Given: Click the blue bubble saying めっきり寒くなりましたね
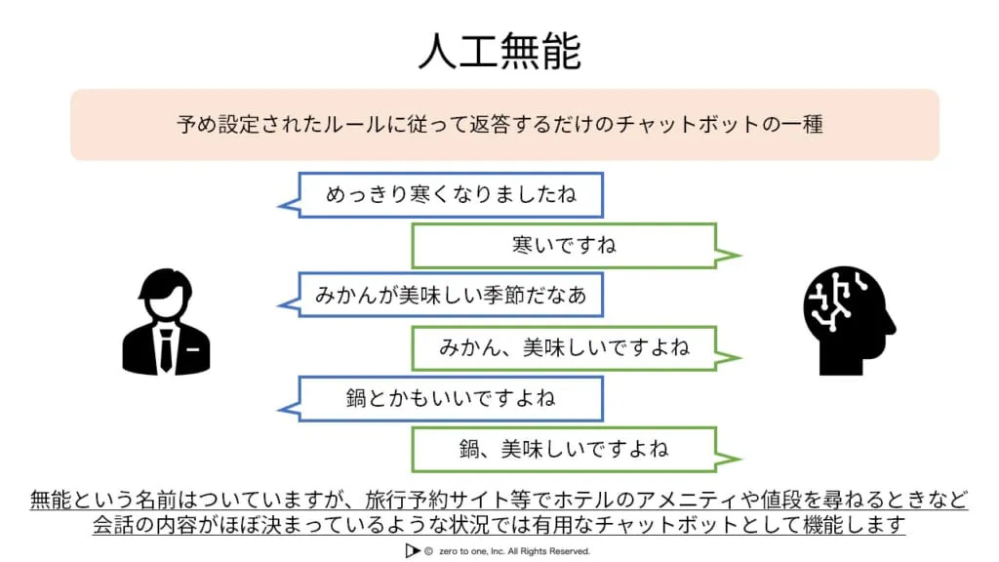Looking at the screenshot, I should [x=451, y=195].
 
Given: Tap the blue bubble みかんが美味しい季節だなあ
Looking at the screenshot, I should [x=451, y=295].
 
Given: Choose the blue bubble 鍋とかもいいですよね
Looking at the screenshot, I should [x=451, y=399].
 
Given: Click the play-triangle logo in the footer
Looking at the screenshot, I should [x=411, y=551].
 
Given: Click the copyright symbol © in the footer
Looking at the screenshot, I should [x=428, y=551].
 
